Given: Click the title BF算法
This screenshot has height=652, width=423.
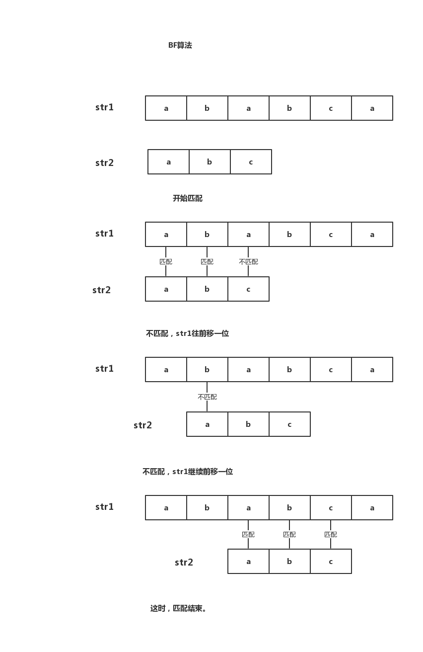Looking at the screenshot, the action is [180, 45].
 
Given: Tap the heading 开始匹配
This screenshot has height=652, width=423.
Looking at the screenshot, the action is [188, 198].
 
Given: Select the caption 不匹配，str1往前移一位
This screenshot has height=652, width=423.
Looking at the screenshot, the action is [187, 333].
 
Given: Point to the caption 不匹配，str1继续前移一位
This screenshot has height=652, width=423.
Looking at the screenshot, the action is [188, 472].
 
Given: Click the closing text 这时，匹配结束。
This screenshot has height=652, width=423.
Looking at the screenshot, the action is [179, 608].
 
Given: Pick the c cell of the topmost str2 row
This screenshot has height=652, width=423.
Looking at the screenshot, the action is [251, 162].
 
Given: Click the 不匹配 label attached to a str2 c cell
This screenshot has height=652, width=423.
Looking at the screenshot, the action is [248, 262].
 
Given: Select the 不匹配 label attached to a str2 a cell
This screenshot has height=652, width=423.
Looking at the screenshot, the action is [207, 397].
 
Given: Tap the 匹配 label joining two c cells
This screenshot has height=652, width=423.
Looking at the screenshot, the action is [331, 534].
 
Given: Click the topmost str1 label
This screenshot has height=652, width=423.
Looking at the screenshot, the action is [104, 107].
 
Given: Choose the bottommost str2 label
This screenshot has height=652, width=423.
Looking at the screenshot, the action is [184, 563].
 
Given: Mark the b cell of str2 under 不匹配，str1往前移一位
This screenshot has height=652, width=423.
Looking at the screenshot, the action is [248, 424].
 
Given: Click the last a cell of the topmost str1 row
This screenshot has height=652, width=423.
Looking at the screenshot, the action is [372, 108].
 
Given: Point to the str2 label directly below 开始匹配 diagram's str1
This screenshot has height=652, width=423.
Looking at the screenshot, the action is [101, 290].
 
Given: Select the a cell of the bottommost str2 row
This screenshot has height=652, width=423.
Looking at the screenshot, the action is [248, 562].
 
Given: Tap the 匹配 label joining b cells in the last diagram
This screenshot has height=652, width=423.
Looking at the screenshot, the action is [289, 534].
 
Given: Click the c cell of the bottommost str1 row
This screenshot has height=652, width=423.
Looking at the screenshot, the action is [331, 507].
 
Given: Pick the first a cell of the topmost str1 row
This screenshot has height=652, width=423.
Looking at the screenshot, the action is [166, 108].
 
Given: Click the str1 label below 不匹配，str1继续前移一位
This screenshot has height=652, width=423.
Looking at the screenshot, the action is [104, 507].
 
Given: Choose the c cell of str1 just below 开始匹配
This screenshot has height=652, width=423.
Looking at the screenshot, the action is [331, 235].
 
